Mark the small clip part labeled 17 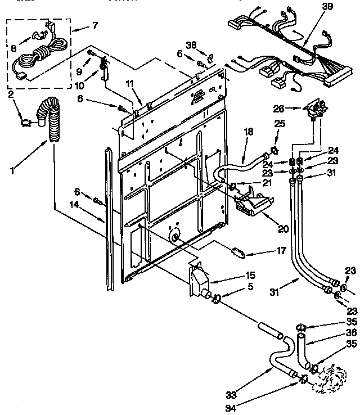[237, 251]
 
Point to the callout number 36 [336, 332]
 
